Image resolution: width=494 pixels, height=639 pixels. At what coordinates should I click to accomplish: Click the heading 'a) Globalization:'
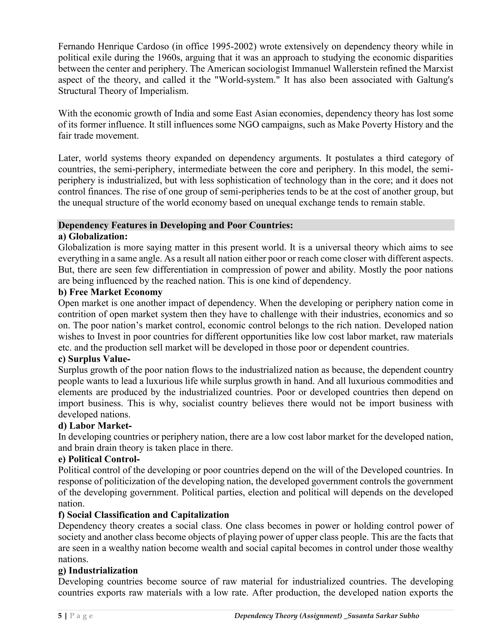[x=93, y=236]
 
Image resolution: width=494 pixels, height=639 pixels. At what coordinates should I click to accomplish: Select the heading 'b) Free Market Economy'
[x=110, y=292]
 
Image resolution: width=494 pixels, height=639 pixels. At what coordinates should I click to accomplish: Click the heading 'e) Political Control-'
[x=99, y=459]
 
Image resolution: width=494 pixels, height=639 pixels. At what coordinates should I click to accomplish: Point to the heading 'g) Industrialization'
[x=98, y=570]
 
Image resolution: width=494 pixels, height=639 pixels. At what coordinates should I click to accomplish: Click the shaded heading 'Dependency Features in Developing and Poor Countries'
[x=175, y=225]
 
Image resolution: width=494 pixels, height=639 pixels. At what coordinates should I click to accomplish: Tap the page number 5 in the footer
[x=60, y=616]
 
